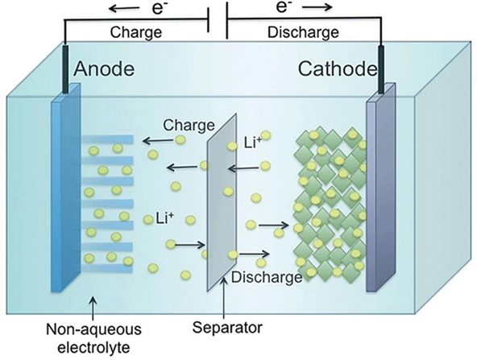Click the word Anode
(104, 68)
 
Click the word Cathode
(338, 68)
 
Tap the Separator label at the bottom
(227, 328)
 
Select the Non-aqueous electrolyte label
(93, 338)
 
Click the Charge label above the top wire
(135, 32)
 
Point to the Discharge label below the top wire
(303, 32)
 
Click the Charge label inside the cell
(189, 126)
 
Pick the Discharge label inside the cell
(267, 277)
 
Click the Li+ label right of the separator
(252, 143)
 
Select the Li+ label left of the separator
(165, 218)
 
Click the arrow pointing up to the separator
(224, 297)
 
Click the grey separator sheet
(222, 202)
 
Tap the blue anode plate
(66, 188)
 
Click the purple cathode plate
(381, 188)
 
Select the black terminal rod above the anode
(65, 69)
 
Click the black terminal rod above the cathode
(380, 69)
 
